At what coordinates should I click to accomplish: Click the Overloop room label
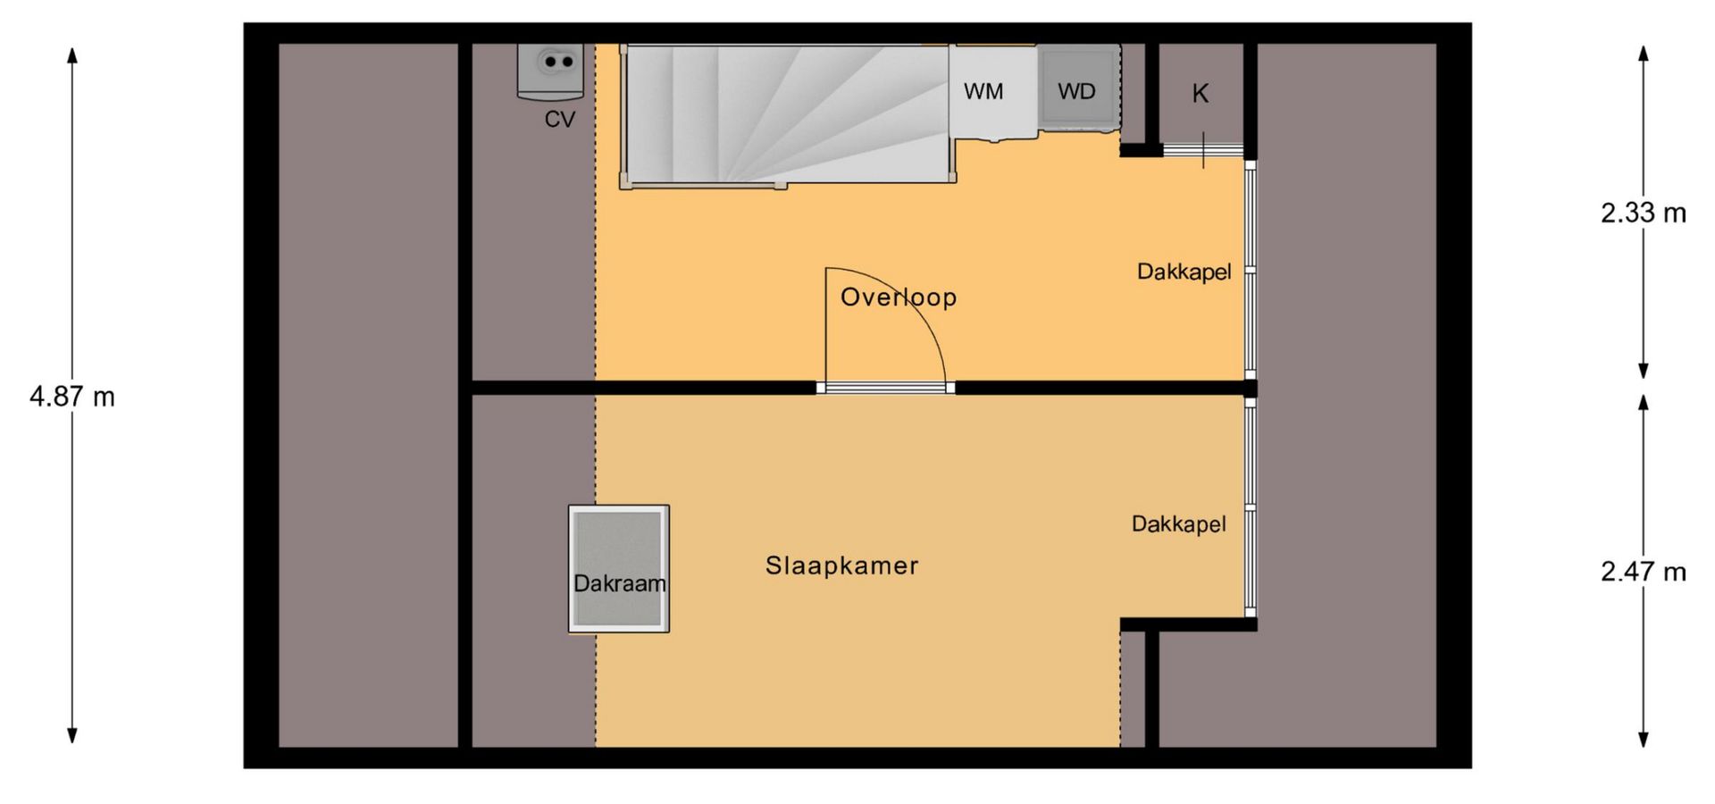point(899,297)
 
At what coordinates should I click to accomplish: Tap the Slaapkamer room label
point(841,565)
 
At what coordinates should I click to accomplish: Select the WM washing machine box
point(992,91)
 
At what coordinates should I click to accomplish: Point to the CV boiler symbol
point(550,71)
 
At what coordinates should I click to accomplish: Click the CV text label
point(560,120)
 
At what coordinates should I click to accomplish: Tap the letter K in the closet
point(1200,94)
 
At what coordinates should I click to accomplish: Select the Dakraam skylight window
point(619,569)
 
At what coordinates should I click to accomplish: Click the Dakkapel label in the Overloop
point(1184,272)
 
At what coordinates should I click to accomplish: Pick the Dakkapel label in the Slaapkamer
point(1178,523)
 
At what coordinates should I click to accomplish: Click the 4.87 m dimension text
point(72,397)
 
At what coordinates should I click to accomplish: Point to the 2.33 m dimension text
point(1643,213)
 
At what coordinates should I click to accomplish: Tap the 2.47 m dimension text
point(1643,572)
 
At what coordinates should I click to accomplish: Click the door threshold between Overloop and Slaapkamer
point(885,388)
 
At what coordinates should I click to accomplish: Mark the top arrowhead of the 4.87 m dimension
point(72,54)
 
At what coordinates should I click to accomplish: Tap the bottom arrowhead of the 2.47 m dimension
point(1643,739)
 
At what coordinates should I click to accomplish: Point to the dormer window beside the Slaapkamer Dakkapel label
point(1251,507)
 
